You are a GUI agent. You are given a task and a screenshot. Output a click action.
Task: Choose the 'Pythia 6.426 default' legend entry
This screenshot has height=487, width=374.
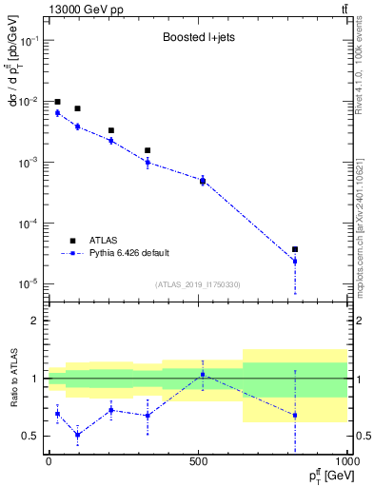128,253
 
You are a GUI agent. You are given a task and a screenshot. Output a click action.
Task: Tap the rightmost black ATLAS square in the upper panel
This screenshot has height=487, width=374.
295,249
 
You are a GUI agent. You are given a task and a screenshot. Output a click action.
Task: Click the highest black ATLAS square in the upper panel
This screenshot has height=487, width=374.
57,102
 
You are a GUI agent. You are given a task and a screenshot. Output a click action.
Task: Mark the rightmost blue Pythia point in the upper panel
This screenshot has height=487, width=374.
295,261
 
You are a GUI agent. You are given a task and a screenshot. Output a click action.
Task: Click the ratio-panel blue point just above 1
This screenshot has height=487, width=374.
203,374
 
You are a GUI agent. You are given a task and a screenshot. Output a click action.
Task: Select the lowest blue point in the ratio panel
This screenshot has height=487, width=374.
77,435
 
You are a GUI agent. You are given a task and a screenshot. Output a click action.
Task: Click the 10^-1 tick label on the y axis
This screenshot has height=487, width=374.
29,41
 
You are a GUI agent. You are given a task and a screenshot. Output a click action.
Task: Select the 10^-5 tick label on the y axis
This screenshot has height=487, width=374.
29,284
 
